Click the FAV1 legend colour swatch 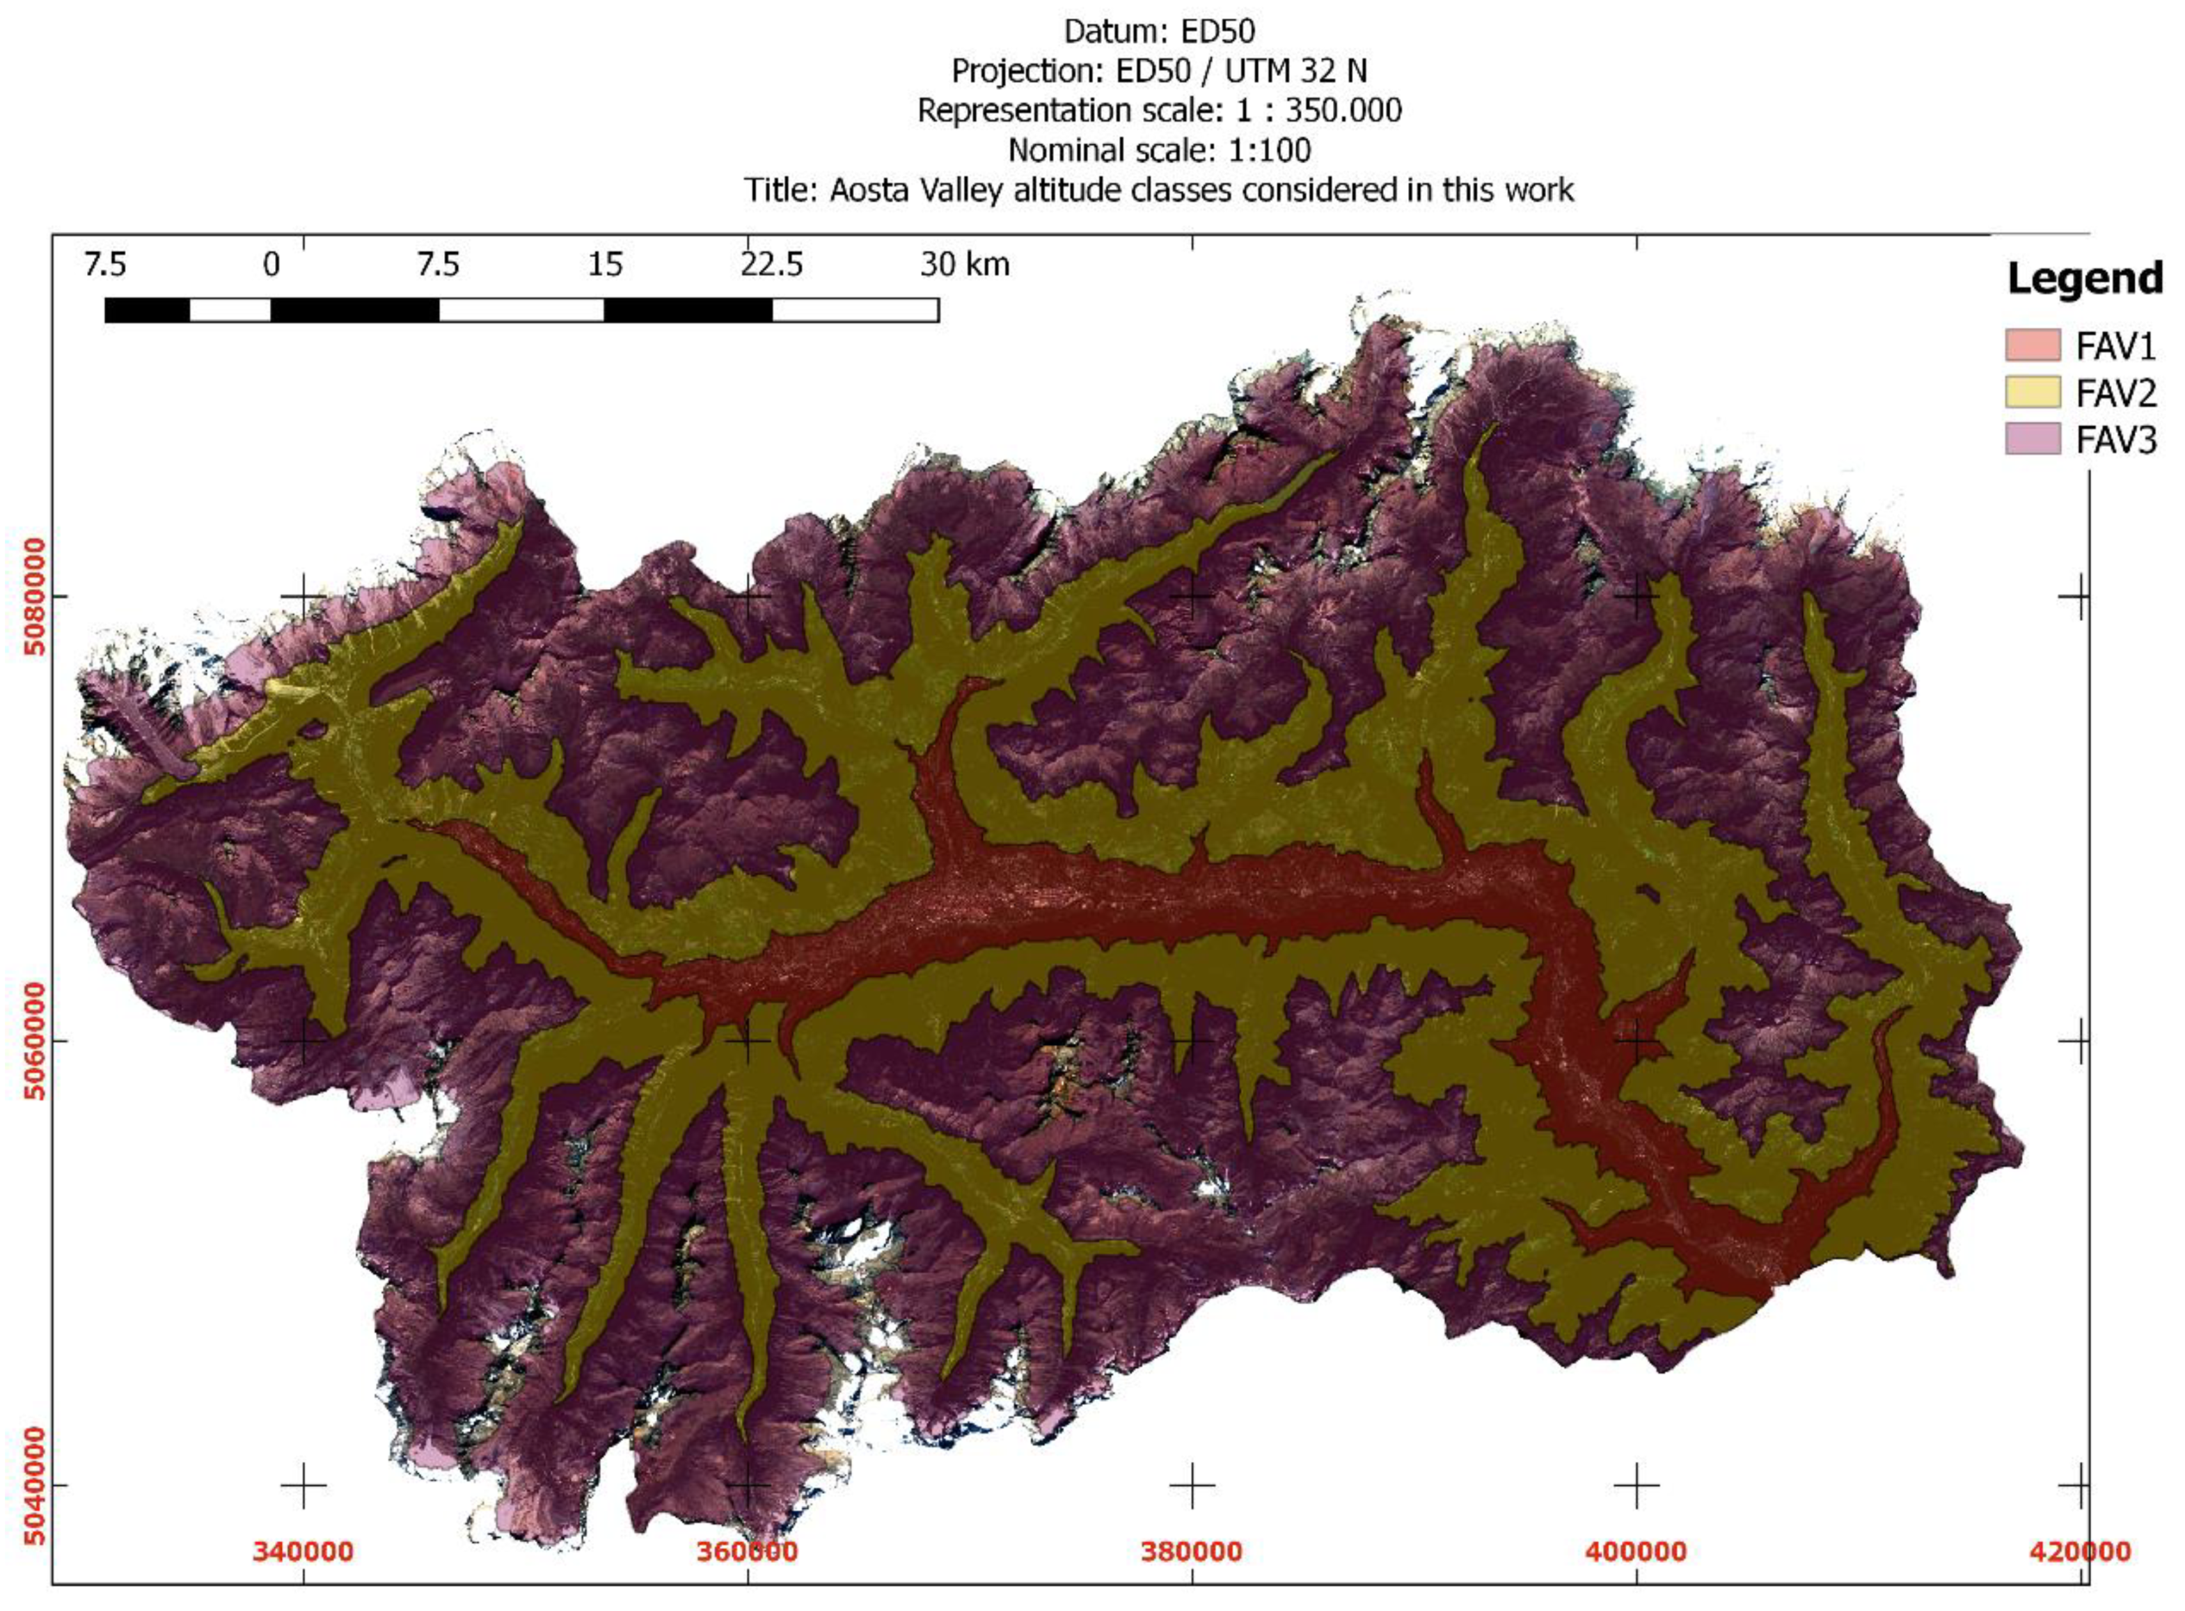(x=2032, y=345)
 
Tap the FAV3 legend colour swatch (x=2032, y=439)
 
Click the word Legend (x=2083, y=279)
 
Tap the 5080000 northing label (x=35, y=596)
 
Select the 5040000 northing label (x=35, y=1485)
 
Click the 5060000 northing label (x=35, y=1041)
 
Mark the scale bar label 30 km (x=964, y=265)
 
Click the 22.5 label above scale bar (x=771, y=265)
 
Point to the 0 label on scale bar (x=271, y=265)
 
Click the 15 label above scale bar (x=604, y=265)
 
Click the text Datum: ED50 (x=1158, y=32)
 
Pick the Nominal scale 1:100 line (x=1158, y=150)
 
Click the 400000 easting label (x=1635, y=1550)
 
